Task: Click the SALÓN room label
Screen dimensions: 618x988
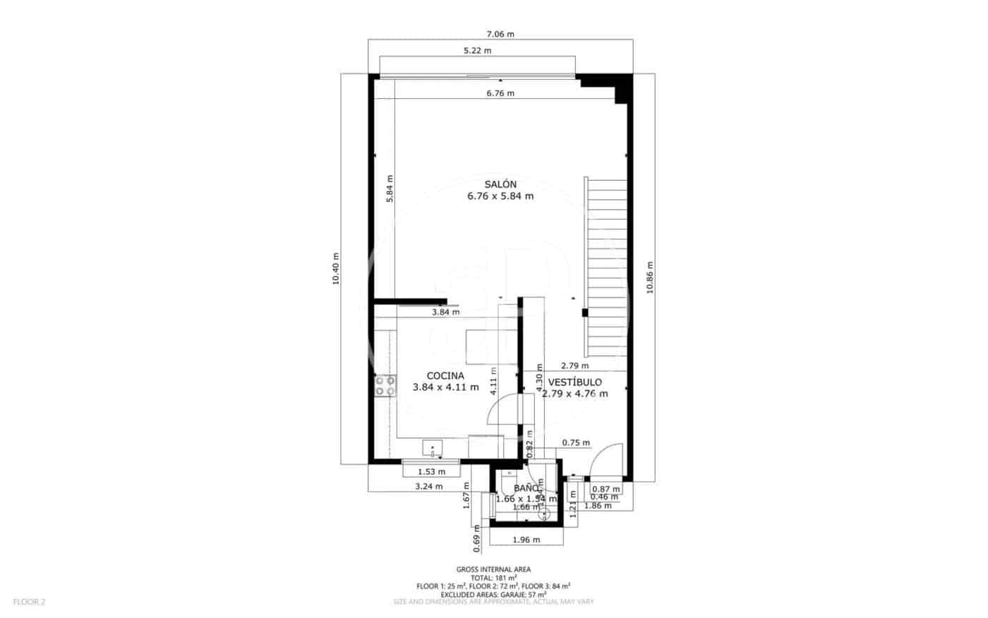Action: click(x=500, y=184)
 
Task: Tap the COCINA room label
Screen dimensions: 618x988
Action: click(x=445, y=376)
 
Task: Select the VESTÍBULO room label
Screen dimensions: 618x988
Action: click(x=574, y=382)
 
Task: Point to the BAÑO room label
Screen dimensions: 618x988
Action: click(x=526, y=488)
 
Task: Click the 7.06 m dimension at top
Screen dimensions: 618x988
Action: click(x=500, y=34)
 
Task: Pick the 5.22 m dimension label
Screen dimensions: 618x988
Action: click(x=477, y=50)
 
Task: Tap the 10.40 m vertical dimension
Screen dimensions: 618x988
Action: click(x=336, y=268)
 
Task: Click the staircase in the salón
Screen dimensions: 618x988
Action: click(x=607, y=268)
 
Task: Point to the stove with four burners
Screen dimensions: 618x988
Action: click(x=385, y=386)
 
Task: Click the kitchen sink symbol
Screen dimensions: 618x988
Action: click(x=432, y=446)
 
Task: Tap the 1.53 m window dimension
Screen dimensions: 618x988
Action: click(x=431, y=472)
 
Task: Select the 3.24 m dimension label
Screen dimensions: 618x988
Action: click(x=429, y=486)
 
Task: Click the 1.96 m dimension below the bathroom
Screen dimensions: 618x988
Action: click(x=526, y=540)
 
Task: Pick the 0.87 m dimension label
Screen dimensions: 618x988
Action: click(x=606, y=489)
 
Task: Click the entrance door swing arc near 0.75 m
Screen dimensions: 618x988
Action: click(x=607, y=459)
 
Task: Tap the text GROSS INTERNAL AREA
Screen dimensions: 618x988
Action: click(x=493, y=569)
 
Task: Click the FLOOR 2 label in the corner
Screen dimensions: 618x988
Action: click(x=29, y=602)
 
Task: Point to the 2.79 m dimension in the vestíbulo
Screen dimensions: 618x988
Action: click(x=574, y=366)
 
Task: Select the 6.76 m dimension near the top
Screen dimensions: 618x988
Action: click(x=500, y=93)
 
